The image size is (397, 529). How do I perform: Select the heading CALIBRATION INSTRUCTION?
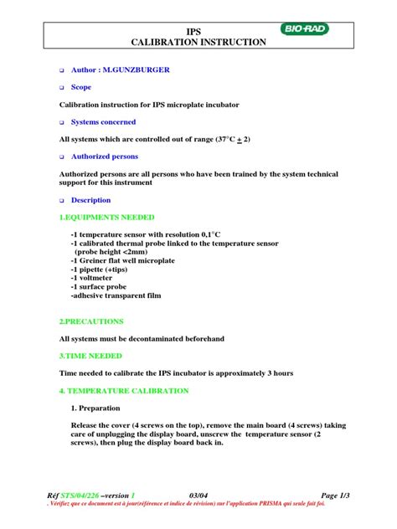coord(199,42)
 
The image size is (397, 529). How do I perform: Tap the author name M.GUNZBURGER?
coord(135,70)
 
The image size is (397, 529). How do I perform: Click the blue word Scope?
coord(81,87)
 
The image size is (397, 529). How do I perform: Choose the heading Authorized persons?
coord(105,157)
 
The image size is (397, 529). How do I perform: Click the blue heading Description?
coord(90,201)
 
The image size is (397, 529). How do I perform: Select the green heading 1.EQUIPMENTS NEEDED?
coord(107,217)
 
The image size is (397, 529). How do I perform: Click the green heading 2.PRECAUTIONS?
coord(91,321)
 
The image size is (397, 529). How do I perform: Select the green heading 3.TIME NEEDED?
coord(90,356)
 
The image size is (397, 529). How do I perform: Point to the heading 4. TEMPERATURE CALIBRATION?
coord(126,391)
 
